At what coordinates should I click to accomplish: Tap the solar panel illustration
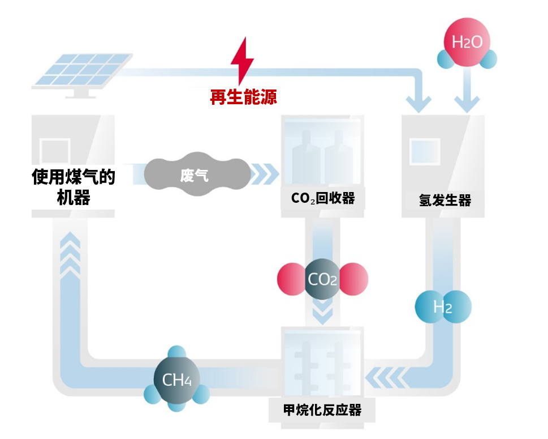pos(82,71)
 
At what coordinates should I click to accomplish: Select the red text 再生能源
pos(243,97)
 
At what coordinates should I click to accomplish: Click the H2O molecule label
pos(467,42)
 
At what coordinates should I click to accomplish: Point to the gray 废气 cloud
pos(196,174)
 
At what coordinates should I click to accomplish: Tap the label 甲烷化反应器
pos(322,409)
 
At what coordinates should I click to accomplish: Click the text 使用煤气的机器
pos(74,187)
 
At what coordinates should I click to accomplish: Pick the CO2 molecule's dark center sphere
pos(322,279)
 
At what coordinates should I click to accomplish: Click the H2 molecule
pos(443,307)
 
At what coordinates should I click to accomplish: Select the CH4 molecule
pos(177,378)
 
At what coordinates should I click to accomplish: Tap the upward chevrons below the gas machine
pos(70,255)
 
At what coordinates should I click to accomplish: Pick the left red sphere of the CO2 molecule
pos(291,279)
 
